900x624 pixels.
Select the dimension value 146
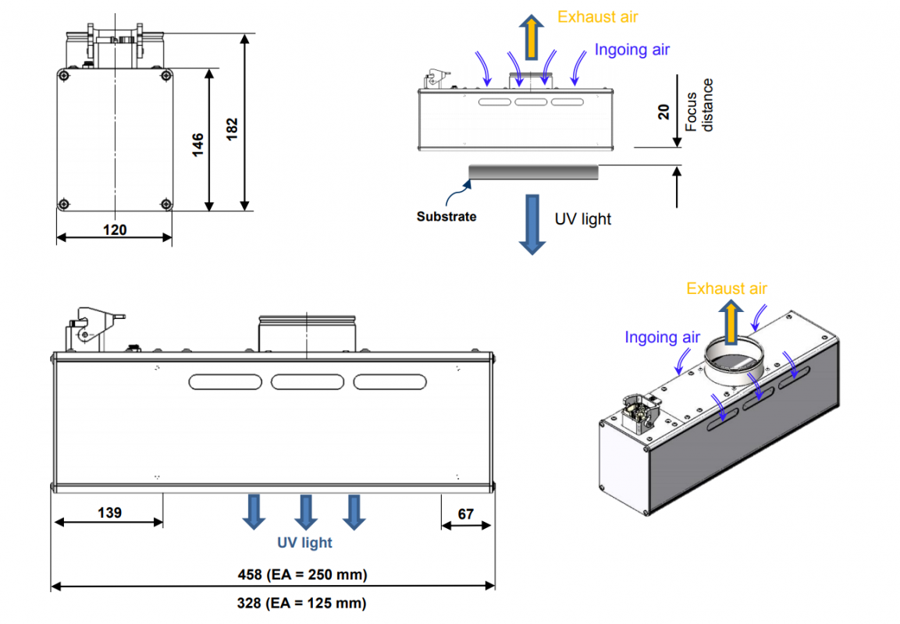[197, 143]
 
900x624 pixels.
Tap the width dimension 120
[114, 229]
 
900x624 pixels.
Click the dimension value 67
[466, 513]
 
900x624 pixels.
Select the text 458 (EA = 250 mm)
[302, 575]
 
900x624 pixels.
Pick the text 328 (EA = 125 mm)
[301, 603]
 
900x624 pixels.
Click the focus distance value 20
[664, 112]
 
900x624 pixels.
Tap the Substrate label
[446, 216]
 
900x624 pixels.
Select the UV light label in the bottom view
[304, 543]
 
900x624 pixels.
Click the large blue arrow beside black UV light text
[533, 224]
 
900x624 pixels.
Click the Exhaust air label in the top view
[598, 16]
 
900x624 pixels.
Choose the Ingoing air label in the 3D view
[662, 337]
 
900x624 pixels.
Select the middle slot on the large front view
[307, 382]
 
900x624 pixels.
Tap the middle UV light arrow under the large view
[305, 512]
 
